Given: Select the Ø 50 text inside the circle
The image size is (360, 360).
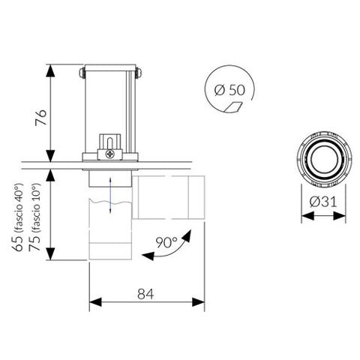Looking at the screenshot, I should click(229, 89).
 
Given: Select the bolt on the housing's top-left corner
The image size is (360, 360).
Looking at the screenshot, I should click(82, 72).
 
